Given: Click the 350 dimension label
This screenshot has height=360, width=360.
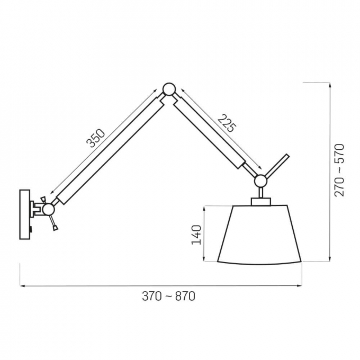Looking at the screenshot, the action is pos(95,138).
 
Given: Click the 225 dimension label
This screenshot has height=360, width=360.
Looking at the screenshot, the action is pos(227,123).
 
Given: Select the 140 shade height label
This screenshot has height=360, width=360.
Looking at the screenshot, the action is pos(196,235).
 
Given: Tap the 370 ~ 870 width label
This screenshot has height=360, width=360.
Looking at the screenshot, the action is pos(168,296).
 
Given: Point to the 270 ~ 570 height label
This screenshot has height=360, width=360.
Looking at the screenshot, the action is pos(339,170).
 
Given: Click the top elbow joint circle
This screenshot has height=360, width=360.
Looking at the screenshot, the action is pos(169,89).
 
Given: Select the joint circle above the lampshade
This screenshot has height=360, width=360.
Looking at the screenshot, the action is pos(260,181).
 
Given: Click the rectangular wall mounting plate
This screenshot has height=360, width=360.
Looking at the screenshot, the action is pos(25,214).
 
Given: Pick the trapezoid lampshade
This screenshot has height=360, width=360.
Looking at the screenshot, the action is pos(259,235).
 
